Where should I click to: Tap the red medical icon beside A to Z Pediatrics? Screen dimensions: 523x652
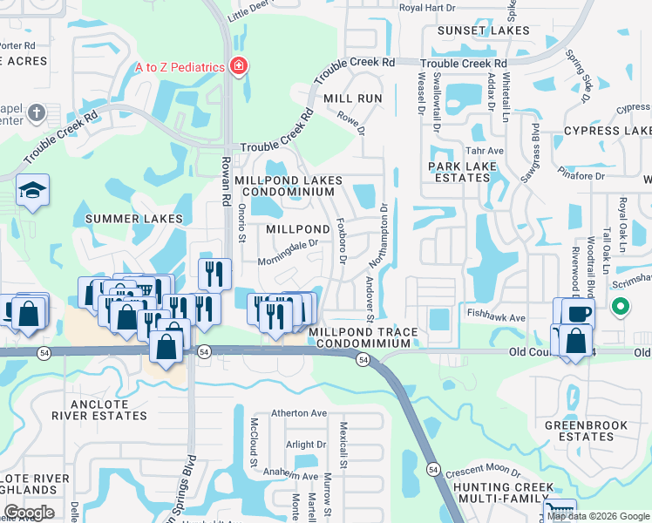pyautogui.click(x=237, y=66)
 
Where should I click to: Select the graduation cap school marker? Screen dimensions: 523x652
pyautogui.click(x=32, y=191)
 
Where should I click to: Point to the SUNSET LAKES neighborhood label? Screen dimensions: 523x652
pyautogui.click(x=477, y=31)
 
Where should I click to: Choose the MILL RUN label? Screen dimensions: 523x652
pyautogui.click(x=353, y=98)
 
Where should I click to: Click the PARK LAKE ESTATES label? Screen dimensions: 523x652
pyautogui.click(x=459, y=171)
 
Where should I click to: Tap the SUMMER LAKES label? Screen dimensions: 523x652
pyautogui.click(x=133, y=218)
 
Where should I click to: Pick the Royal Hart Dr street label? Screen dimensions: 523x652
pyautogui.click(x=427, y=8)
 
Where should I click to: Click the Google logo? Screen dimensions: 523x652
pyautogui.click(x=29, y=513)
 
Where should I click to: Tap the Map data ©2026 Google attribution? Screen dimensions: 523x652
pyautogui.click(x=598, y=516)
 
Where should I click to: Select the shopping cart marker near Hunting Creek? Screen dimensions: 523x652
pyautogui.click(x=559, y=511)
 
